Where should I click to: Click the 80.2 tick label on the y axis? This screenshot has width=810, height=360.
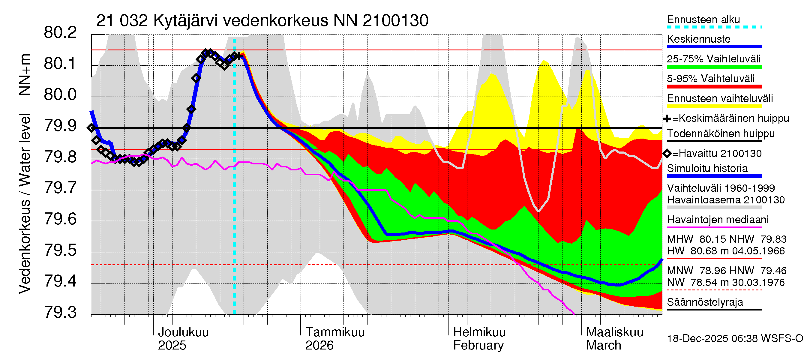[x=60, y=33]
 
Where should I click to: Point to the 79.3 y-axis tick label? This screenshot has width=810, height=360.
[x=60, y=312]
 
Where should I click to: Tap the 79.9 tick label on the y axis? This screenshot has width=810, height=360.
[x=60, y=126]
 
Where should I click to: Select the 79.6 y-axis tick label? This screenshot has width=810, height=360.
[x=60, y=219]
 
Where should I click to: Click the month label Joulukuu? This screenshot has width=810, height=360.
[x=183, y=332]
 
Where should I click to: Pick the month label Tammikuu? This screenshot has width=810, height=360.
[x=335, y=332]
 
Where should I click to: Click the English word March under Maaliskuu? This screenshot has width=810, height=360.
[x=603, y=345]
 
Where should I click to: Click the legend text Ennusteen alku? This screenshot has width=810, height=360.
[x=703, y=19]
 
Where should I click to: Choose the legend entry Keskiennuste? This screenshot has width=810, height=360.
[x=698, y=39]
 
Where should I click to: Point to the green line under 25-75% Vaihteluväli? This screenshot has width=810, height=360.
[x=714, y=67]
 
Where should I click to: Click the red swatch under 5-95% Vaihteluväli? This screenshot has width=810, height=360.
[x=714, y=86]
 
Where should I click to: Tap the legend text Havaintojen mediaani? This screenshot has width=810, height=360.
[x=718, y=220]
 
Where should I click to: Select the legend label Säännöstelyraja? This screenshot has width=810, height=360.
[x=705, y=302]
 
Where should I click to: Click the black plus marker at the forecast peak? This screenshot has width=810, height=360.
[x=239, y=56]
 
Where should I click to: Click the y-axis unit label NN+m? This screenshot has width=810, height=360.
[x=24, y=74]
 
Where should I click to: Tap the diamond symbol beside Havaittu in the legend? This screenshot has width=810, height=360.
[x=667, y=153]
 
